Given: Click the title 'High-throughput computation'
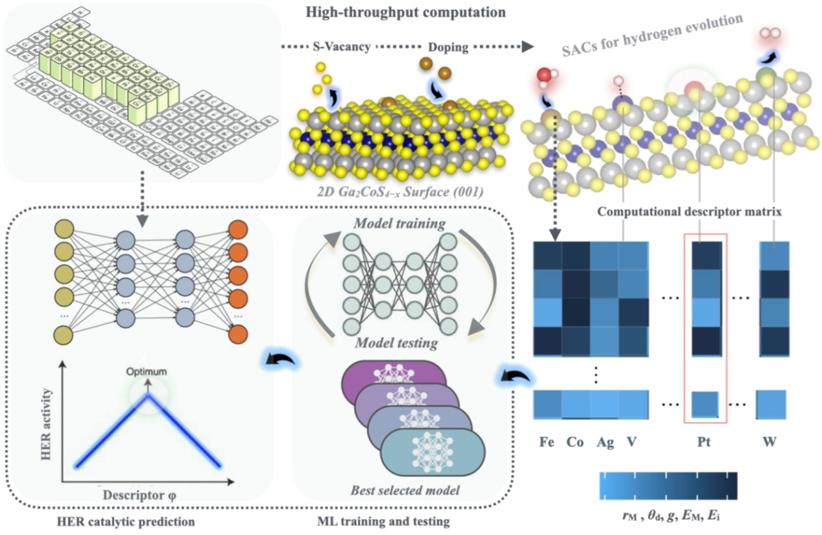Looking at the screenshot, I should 406,13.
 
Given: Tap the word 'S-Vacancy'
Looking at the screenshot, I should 342,47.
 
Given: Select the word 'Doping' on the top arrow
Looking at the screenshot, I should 448,47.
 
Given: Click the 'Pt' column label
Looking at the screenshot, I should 704,442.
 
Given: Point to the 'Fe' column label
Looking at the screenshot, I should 547,442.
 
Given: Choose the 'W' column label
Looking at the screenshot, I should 770,442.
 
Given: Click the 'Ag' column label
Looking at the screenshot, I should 605,442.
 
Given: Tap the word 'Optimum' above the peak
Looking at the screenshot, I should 146,372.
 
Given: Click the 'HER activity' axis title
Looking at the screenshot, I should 46,424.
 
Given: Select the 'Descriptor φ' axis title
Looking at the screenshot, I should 140,495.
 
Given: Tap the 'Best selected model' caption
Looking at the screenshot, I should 405,490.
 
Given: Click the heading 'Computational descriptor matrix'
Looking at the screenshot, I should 689,211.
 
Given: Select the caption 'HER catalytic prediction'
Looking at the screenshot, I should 126,522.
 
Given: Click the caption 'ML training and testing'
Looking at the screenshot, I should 383,522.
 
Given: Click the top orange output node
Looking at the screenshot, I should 238,229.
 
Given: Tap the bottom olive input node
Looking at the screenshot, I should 64,335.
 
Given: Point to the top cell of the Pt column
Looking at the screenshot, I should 707,255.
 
